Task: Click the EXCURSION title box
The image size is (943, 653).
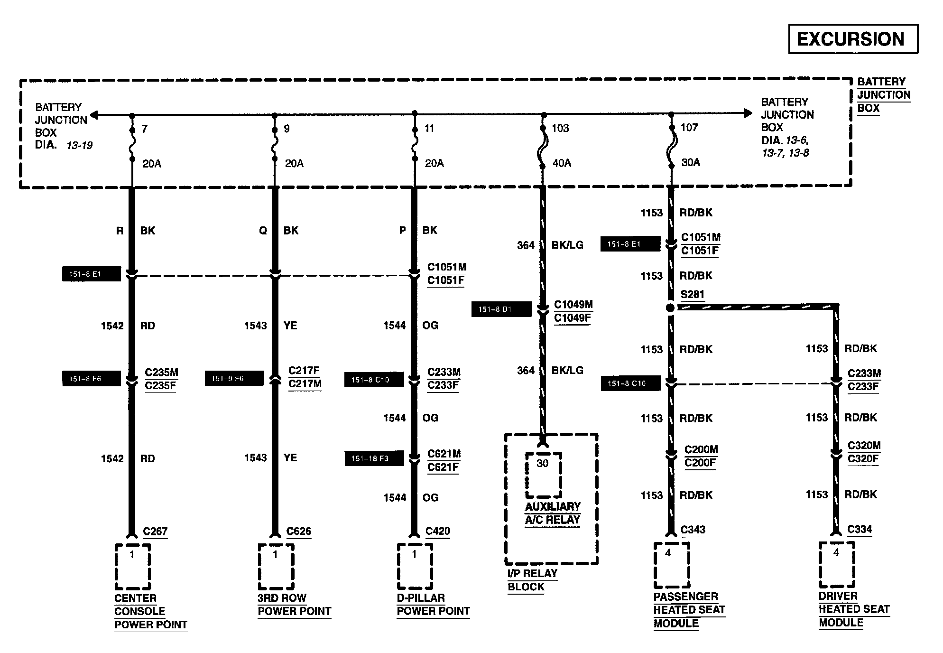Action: point(853,39)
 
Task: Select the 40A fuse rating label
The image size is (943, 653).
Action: point(562,163)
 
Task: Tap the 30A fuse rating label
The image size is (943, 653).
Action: point(690,162)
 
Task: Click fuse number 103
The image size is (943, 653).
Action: point(560,128)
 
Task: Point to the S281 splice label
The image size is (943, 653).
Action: point(692,294)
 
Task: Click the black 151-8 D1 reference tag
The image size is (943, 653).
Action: point(501,309)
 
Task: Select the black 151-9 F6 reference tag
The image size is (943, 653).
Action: point(234,379)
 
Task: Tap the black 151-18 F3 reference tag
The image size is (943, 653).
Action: point(374,458)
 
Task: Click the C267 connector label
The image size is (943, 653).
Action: point(155,532)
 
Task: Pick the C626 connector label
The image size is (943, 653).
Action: point(299,532)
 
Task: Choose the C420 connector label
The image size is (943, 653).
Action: point(438,532)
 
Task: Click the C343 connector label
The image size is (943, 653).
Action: point(693,530)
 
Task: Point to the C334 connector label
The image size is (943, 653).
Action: point(860,529)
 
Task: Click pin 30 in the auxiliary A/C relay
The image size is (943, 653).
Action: point(542,463)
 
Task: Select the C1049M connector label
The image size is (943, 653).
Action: point(573,305)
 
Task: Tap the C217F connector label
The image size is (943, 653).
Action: point(304,371)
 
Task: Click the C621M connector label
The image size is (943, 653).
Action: point(444,454)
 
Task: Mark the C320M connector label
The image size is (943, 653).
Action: point(864,446)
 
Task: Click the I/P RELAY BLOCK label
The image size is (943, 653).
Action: point(532,580)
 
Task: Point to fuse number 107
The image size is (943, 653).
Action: point(689,127)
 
